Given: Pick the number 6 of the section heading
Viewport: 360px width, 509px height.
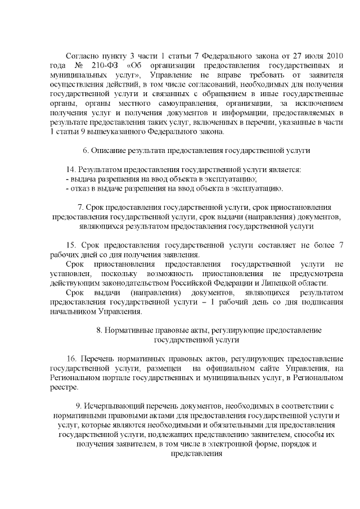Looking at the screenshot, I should (84, 151).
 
